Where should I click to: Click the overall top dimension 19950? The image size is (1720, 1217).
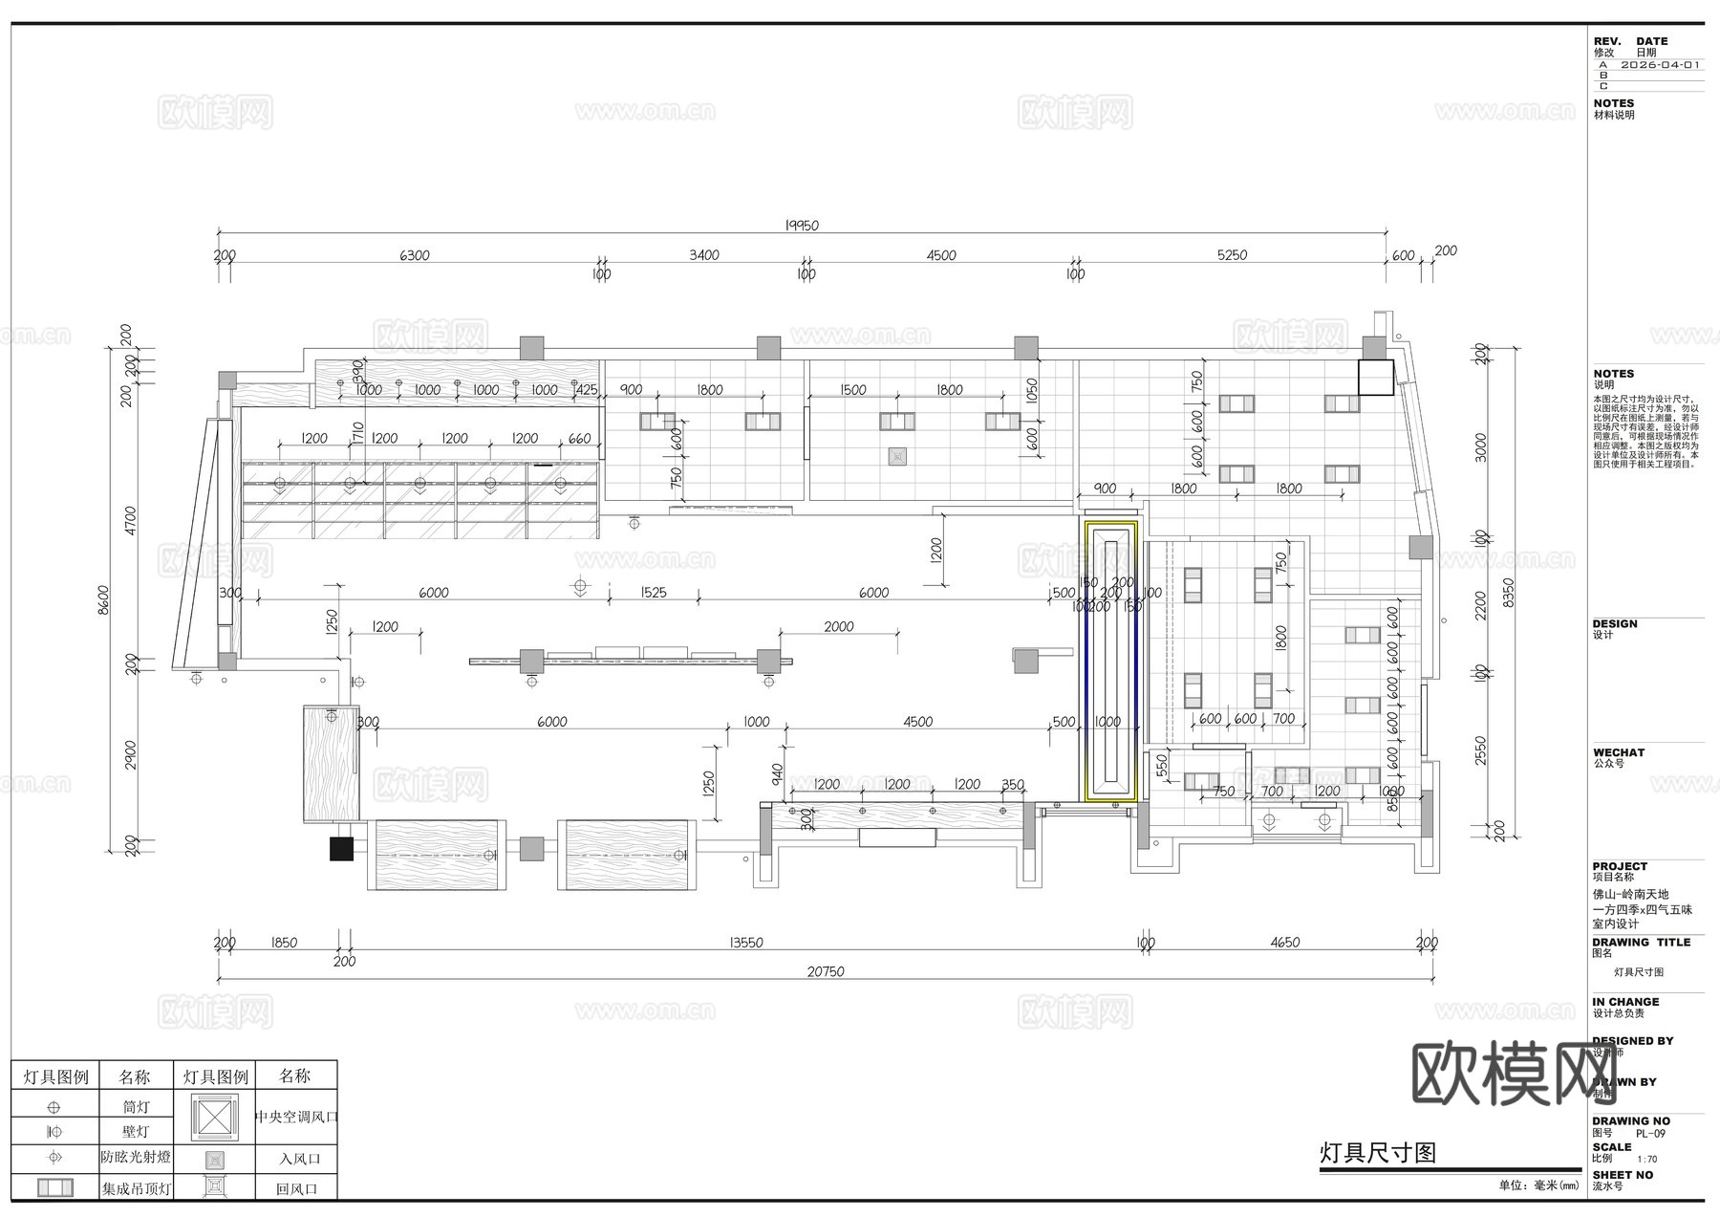pyautogui.click(x=802, y=226)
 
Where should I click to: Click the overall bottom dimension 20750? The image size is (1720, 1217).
pyautogui.click(x=826, y=971)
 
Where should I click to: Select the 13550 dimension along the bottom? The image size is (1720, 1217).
pyautogui.click(x=746, y=943)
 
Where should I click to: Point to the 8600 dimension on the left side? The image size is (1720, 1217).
pyautogui.click(x=104, y=600)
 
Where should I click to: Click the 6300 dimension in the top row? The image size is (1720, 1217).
pyautogui.click(x=414, y=255)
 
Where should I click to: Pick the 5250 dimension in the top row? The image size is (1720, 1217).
pyautogui.click(x=1232, y=255)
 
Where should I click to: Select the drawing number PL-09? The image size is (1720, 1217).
pyautogui.click(x=1650, y=1134)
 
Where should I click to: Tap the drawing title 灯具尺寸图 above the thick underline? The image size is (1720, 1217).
pyautogui.click(x=1377, y=1152)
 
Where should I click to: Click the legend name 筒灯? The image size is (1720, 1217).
pyautogui.click(x=136, y=1107)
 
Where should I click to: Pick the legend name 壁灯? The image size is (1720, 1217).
pyautogui.click(x=136, y=1132)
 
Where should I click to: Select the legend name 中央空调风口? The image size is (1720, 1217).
pyautogui.click(x=296, y=1116)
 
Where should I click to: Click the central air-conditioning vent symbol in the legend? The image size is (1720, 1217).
pyautogui.click(x=214, y=1117)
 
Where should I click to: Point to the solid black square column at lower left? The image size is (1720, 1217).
pyautogui.click(x=341, y=848)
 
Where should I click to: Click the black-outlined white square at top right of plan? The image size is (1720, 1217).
pyautogui.click(x=1376, y=377)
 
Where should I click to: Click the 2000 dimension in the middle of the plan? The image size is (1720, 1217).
pyautogui.click(x=838, y=626)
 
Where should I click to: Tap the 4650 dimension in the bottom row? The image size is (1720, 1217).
pyautogui.click(x=1284, y=943)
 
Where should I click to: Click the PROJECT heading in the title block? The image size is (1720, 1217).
pyautogui.click(x=1620, y=866)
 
